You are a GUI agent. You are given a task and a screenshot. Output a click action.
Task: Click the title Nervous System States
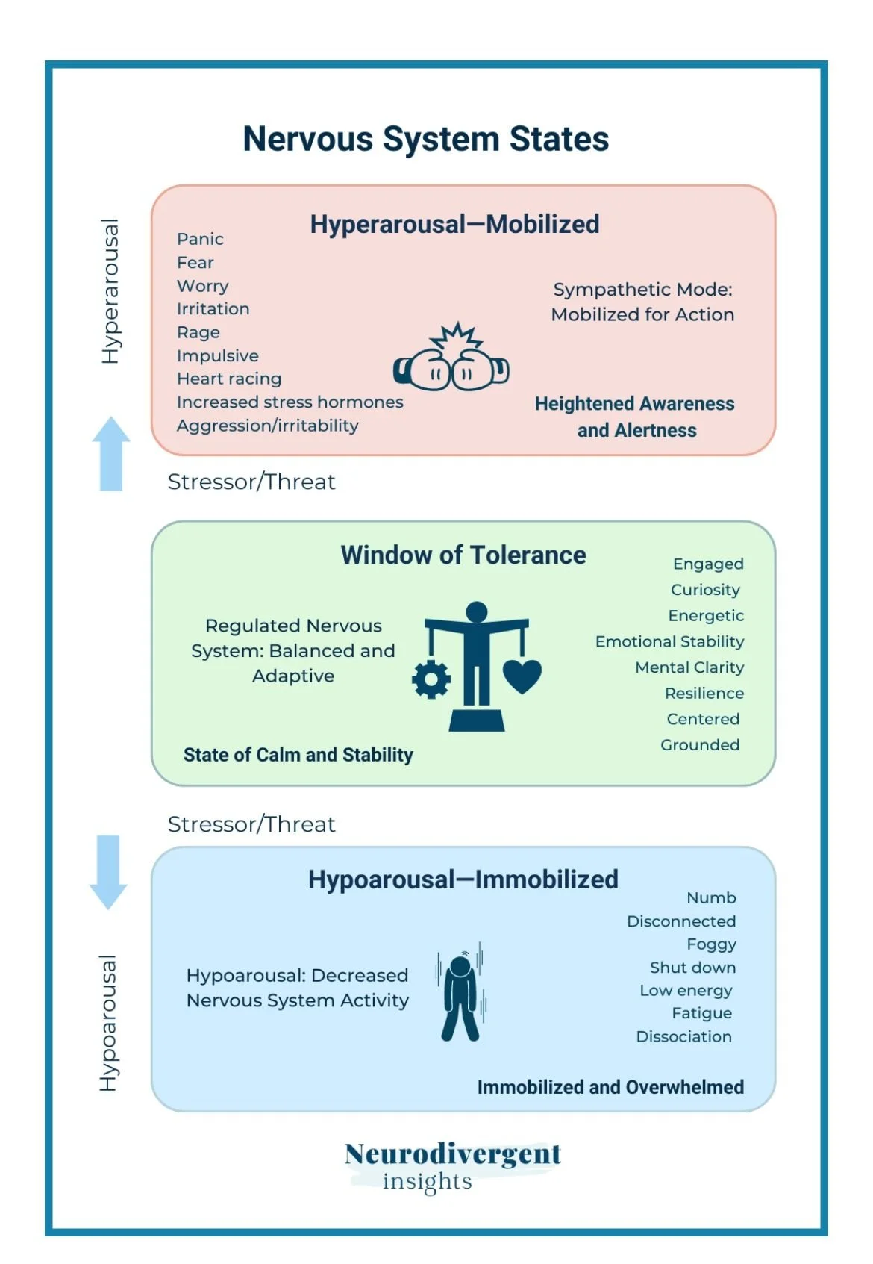425,140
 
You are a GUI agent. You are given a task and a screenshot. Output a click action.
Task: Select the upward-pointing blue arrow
110,452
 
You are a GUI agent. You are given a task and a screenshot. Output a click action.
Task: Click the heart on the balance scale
522,675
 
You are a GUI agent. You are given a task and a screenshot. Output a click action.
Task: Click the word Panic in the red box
200,239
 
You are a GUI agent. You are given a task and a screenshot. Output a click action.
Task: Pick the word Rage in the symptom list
198,332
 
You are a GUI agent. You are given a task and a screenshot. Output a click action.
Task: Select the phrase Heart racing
229,379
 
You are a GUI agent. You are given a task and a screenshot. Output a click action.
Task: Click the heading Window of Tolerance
463,555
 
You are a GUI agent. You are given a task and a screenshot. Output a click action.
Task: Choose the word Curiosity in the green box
705,590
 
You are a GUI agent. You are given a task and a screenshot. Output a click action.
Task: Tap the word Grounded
700,744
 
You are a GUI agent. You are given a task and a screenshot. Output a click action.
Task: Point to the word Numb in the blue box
711,897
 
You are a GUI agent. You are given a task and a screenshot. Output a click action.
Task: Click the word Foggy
711,944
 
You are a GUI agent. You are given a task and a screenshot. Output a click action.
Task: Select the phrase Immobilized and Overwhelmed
610,1087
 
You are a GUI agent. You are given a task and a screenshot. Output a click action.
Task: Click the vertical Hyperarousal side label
110,291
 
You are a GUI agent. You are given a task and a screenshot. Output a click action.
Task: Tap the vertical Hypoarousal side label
109,1023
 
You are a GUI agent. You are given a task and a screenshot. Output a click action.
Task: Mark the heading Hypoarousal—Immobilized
463,879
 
